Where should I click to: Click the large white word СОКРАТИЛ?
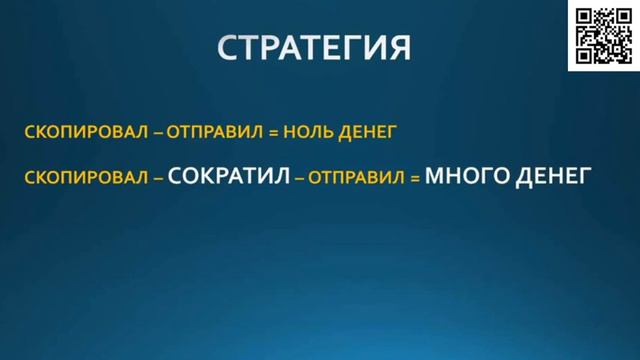[230, 176]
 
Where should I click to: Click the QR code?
[603, 35]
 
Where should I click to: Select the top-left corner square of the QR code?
[584, 16]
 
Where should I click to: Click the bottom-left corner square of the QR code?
[584, 54]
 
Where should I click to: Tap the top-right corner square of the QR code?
[622, 16]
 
